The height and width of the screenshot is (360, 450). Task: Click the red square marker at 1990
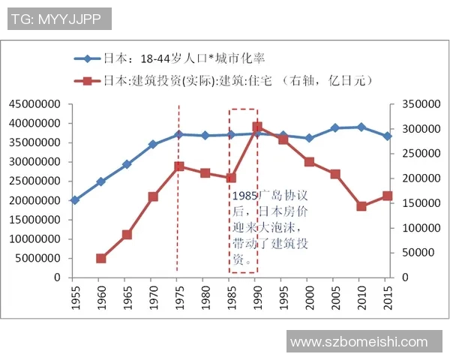coord(257,127)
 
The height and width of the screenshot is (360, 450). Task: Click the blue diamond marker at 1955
coord(74,200)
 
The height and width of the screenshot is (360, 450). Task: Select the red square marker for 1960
coord(100,259)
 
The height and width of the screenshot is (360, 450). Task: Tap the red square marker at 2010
coord(361,206)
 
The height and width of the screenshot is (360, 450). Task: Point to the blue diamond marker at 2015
coord(388,136)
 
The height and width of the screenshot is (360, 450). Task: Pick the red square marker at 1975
coord(179,166)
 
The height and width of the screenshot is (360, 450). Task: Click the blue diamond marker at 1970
coord(153,144)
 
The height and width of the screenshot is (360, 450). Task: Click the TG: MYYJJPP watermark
coord(60,19)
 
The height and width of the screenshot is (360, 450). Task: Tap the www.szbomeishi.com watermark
coord(359,342)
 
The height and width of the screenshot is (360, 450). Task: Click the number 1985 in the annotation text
coord(245,193)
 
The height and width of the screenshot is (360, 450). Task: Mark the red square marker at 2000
coord(309,162)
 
